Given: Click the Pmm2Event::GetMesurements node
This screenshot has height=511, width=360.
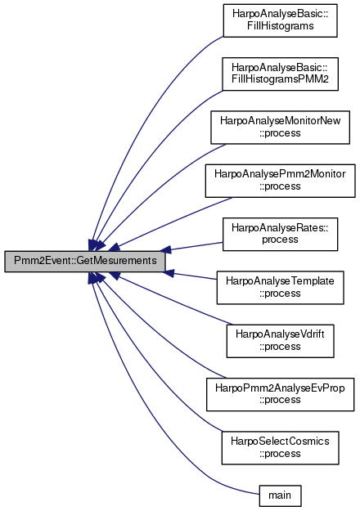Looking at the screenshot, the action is point(85,261).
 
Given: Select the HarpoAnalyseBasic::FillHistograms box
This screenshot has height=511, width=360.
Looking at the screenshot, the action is point(280,20).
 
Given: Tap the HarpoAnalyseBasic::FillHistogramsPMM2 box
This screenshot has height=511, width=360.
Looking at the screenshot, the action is point(280,74).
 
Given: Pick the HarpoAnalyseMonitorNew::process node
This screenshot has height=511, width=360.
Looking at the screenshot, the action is point(280,127).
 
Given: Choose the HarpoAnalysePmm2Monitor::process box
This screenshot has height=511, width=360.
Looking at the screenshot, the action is point(280,181).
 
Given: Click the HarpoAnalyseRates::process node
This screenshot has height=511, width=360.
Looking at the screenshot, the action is point(280,234).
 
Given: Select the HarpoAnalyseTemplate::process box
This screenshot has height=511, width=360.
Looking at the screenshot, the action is point(280,288).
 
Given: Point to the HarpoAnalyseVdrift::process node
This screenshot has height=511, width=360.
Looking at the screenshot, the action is point(280,341).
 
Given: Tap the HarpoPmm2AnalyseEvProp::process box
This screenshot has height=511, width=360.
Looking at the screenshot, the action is point(280,394).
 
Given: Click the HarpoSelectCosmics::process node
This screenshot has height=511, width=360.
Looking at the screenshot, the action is point(280,448).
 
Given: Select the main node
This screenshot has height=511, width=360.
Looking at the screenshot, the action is point(280,495).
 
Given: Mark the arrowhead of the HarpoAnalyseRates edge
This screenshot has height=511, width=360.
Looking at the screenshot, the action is point(165,249).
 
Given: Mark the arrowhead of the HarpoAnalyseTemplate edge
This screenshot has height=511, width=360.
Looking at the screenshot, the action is point(169,273).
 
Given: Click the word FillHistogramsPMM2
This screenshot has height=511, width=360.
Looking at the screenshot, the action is point(280,79).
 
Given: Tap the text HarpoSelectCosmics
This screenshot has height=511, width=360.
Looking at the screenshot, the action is point(280,442).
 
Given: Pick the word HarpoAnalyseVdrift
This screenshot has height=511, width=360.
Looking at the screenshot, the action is point(280,334).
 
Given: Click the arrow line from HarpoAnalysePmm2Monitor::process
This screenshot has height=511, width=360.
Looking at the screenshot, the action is point(169,222).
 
